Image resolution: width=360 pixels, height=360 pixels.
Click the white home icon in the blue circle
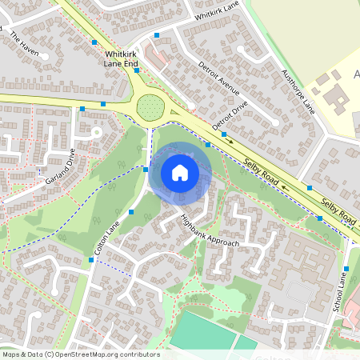(x=180, y=173)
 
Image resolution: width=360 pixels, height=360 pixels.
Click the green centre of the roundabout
(x=149, y=106)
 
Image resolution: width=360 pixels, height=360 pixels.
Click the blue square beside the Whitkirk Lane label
(x=158, y=35)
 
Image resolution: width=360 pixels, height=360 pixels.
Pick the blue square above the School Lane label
(x=346, y=269)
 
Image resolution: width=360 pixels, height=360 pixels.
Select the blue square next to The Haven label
(x=94, y=41)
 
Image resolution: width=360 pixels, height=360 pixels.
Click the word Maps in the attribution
(x=11, y=354)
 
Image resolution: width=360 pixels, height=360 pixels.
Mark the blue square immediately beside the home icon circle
(x=146, y=169)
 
